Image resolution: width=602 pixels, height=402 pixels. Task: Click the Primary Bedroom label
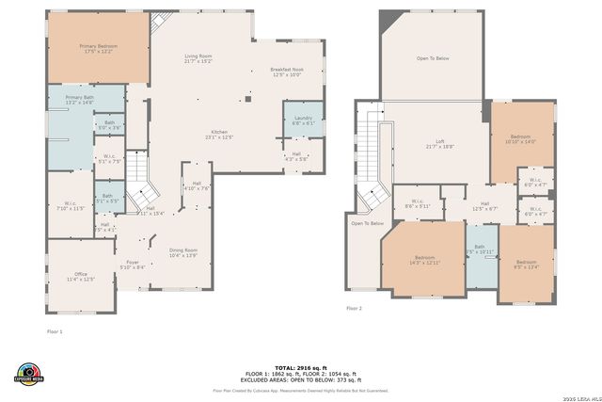(97, 48)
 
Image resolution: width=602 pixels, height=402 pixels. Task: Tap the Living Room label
(198, 59)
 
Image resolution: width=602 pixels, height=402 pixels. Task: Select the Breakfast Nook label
(285, 72)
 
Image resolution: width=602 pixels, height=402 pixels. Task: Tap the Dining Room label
(183, 252)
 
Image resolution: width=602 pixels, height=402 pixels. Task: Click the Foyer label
(133, 265)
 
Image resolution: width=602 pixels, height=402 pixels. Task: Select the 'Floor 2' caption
(354, 308)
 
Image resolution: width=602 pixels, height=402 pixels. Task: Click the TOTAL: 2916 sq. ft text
(300, 367)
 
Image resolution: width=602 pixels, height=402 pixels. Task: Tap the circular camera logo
(29, 373)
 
